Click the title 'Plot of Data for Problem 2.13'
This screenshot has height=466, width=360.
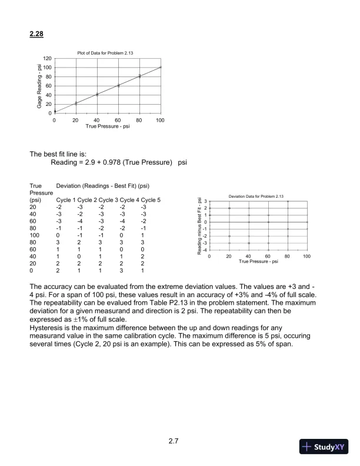pyautogui.click(x=107, y=54)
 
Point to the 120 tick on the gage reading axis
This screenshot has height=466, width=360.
pyautogui.click(x=47, y=59)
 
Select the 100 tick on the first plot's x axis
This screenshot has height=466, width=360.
pyautogui.click(x=161, y=120)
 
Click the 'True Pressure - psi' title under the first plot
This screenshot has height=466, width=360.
pyautogui.click(x=107, y=126)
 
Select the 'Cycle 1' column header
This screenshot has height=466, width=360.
pyautogui.click(x=66, y=199)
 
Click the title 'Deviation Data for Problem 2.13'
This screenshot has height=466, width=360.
pyautogui.click(x=257, y=195)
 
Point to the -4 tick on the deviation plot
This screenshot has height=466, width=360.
pyautogui.click(x=204, y=249)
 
